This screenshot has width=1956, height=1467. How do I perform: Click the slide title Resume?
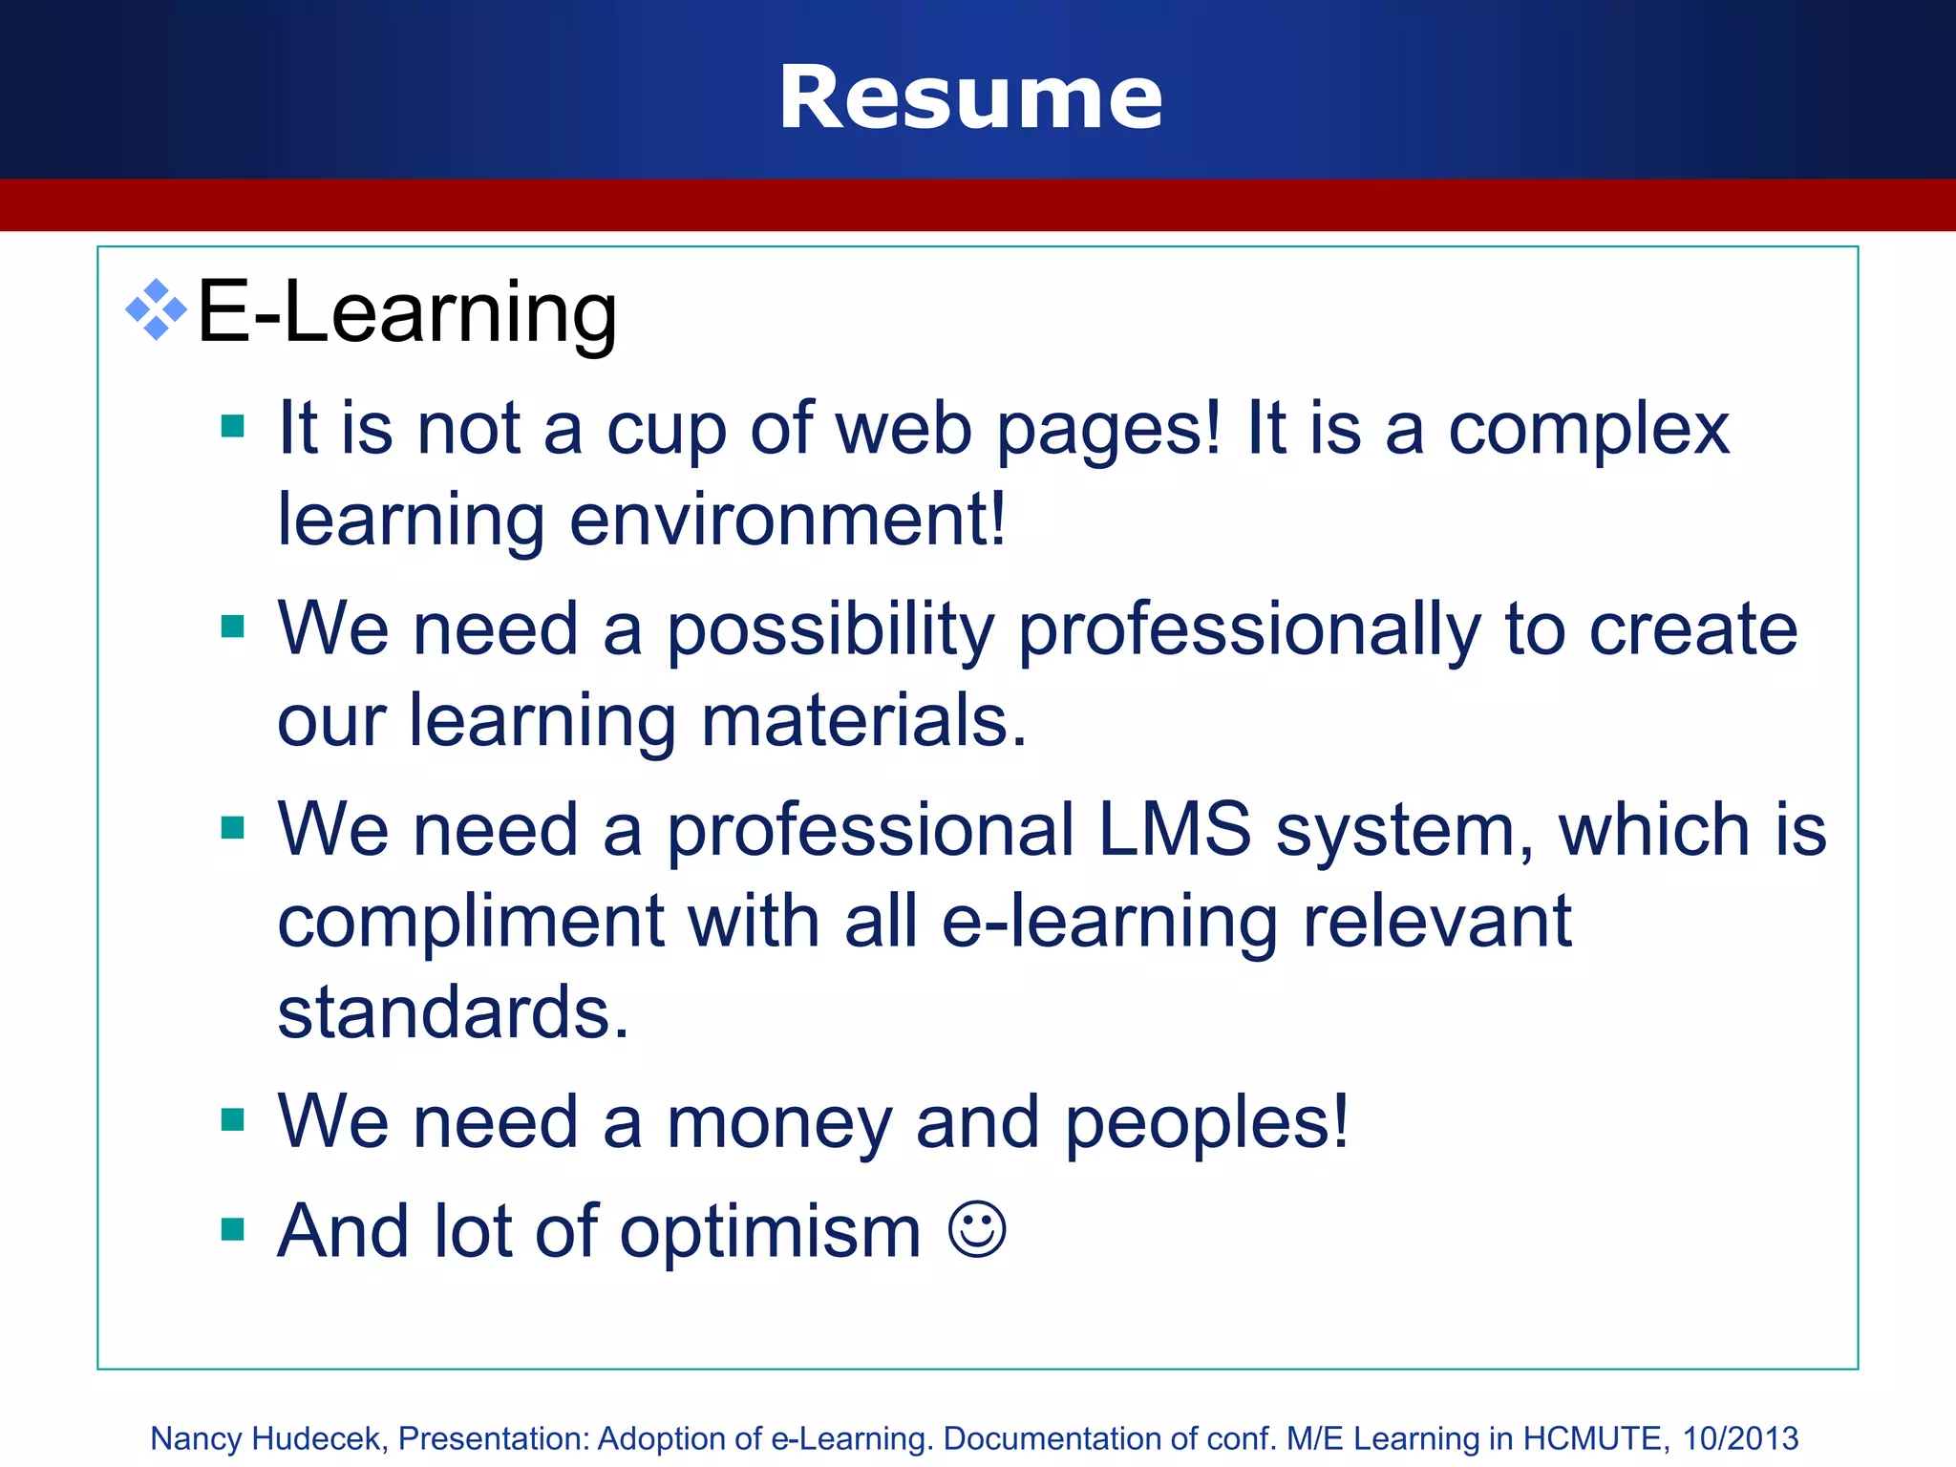(970, 97)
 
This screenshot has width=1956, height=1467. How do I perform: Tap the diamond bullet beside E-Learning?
(156, 310)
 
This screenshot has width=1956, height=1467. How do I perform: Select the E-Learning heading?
(407, 311)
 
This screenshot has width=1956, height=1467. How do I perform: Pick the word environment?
(787, 521)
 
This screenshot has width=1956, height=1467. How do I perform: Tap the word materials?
(863, 721)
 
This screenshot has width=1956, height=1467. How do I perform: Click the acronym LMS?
(1174, 829)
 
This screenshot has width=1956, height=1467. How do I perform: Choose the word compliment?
(471, 923)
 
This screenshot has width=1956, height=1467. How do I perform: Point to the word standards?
(453, 1012)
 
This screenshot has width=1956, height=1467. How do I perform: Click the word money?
(779, 1123)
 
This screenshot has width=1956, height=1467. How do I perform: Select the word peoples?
(1206, 1123)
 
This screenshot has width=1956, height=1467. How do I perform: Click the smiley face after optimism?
(977, 1230)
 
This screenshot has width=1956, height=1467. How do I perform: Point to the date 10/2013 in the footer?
(1740, 1438)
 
